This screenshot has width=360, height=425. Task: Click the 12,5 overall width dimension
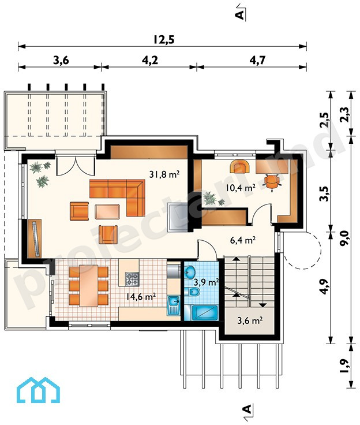pos(164,39)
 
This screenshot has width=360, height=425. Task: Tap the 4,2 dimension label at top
pos(150,60)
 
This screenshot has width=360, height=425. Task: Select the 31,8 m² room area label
pos(164,174)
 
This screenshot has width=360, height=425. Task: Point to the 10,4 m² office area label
pos(240,187)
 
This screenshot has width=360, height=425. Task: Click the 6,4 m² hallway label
pos(243,240)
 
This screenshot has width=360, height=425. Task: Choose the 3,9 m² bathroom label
pos(207,282)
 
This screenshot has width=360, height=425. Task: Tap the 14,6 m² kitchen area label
pos(141,296)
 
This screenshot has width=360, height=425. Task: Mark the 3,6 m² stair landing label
pos(250,320)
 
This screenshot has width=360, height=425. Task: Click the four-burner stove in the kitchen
pos(132,279)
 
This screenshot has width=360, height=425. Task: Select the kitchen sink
pos(174,305)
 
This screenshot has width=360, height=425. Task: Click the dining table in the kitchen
pos(89,285)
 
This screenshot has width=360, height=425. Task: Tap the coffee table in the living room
pos(107,211)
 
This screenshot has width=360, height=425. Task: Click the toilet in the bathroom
pos(193,292)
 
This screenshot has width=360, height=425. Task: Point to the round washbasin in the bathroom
pos(191,272)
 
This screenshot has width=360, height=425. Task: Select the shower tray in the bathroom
pos(204,313)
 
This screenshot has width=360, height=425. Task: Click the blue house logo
pos(38,390)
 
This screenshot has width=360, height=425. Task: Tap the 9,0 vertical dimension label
pos(345,239)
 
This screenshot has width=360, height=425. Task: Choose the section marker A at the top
pos(240,15)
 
